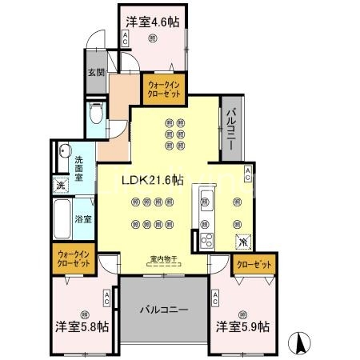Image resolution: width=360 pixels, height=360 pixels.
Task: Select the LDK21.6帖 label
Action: tap(152, 181)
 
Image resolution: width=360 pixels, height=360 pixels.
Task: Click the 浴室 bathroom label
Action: tap(83, 218)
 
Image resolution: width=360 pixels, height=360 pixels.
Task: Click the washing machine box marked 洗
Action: tap(61, 186)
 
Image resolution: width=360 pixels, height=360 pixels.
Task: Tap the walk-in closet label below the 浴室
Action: tap(74, 259)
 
